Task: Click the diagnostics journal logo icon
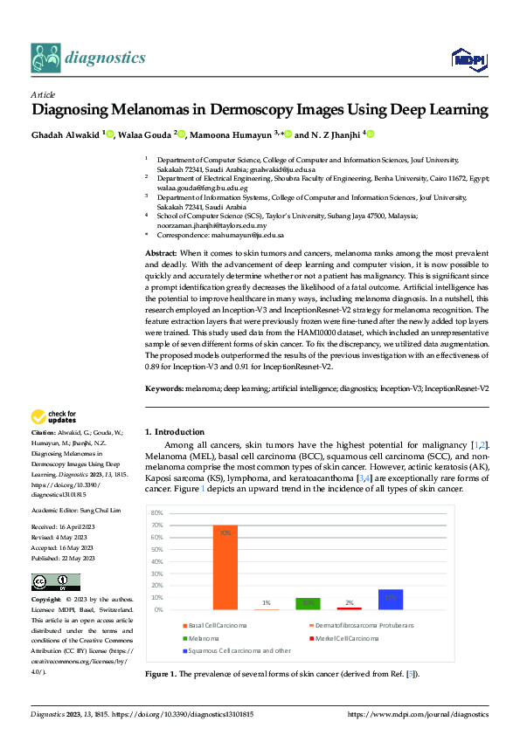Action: pos(45,58)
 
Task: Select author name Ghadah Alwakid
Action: pos(66,134)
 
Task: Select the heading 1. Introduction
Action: pos(175,431)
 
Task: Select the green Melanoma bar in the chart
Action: pos(308,604)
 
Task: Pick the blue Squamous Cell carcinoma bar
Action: pos(390,599)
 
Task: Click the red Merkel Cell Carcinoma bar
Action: pos(349,608)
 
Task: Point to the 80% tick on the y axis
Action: pos(157,512)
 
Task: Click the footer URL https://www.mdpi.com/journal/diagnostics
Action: pos(418,714)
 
